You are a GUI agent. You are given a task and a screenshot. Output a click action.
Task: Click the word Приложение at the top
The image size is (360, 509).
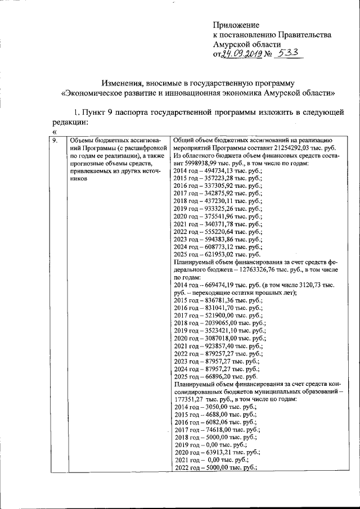coord(236,25)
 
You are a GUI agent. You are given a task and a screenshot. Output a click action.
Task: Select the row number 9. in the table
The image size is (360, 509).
coord(54,141)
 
